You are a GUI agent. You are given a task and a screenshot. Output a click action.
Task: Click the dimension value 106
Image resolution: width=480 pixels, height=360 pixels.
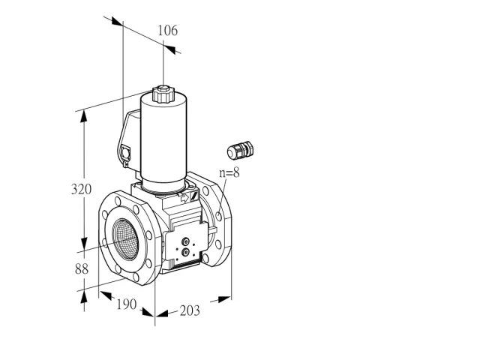coord(167,31)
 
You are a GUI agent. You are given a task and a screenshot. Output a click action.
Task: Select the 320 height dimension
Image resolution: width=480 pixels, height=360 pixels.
coord(81,189)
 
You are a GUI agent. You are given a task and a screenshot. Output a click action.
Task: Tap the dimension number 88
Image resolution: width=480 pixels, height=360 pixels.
coord(82,269)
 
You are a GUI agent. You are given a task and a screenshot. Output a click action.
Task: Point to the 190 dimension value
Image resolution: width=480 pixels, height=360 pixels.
coord(127,304)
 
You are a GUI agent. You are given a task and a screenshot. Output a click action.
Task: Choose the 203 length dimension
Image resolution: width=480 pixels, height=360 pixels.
coord(190,310)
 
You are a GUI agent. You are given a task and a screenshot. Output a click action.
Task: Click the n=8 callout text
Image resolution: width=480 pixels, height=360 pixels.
coord(229,172)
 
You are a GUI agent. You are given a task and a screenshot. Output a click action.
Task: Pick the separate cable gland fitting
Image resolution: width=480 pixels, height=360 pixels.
coord(241,150)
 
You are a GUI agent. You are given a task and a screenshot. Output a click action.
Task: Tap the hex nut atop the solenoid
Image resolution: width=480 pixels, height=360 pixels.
coord(163,94)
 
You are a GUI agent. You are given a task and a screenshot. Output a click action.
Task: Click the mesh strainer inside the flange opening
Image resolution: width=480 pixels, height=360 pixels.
coord(126,239)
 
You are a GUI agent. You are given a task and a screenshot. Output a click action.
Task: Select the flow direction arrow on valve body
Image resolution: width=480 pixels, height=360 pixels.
coord(184,198)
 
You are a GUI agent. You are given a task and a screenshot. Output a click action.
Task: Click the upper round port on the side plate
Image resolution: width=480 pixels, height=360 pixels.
coord(185,241)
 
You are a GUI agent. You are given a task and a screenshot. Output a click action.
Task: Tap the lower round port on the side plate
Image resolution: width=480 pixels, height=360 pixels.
coord(185,252)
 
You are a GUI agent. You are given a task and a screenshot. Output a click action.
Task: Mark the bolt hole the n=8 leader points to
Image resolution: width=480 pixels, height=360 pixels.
coord(218,216)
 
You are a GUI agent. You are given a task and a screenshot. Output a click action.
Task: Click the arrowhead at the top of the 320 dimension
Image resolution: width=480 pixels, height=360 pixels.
coord(84,116)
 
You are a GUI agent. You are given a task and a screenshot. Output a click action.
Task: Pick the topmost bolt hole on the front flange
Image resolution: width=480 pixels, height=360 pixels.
coord(118,201)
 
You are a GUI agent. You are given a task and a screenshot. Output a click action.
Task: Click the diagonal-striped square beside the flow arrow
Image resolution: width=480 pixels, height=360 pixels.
coord(194,195)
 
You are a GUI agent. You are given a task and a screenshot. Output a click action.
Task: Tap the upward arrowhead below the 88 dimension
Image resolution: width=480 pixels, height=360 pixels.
coord(84,297)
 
